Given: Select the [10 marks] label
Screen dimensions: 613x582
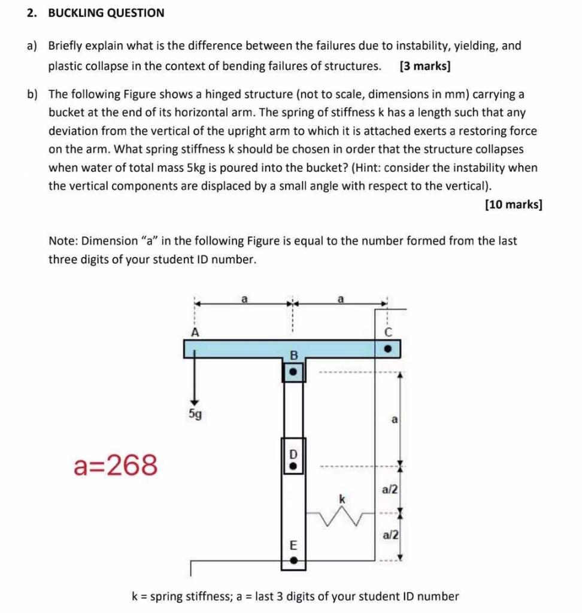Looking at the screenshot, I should click(513, 205).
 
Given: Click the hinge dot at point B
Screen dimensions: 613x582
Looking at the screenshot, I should click(293, 372).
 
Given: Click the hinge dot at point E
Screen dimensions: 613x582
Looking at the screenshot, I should click(293, 561).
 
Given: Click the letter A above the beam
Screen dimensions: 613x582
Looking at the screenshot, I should click(194, 331).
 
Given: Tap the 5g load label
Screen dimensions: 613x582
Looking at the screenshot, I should click(195, 413).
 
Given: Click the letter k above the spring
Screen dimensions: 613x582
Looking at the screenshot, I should click(342, 497).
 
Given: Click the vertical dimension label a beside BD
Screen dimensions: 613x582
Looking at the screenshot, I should click(394, 420).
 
